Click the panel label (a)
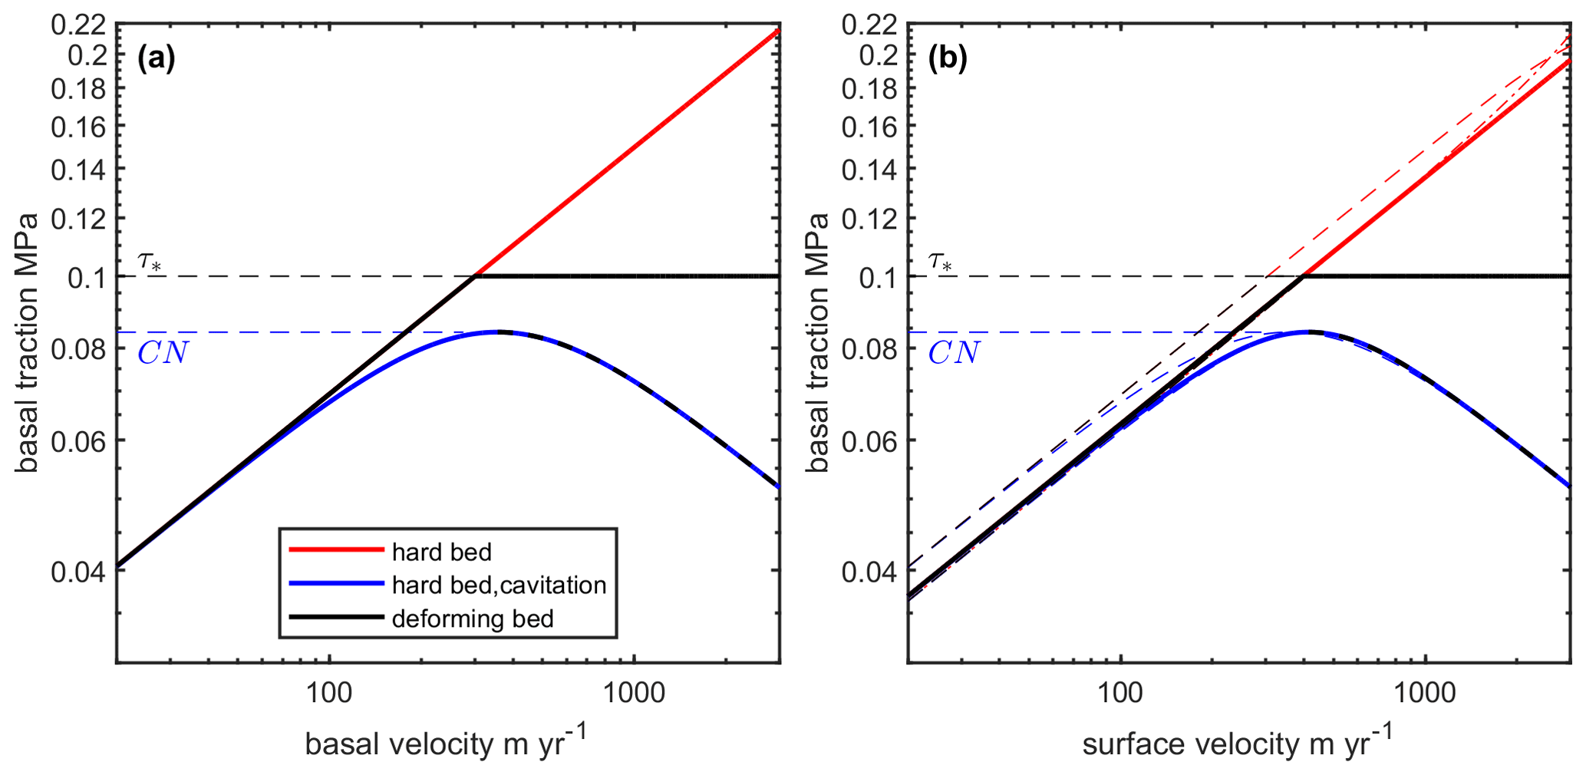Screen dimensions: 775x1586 pos(157,58)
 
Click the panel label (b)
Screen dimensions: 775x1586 pos(948,58)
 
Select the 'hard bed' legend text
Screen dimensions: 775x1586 pos(441,552)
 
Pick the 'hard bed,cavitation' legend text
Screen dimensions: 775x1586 pos(499,585)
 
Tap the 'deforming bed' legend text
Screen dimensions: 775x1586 pos(473,618)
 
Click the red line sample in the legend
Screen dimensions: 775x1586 pos(336,550)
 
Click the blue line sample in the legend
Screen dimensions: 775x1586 pos(336,584)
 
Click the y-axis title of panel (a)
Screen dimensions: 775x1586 pos(28,342)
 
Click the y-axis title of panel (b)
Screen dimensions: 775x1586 pos(819,342)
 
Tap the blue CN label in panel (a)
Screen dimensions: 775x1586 pos(163,353)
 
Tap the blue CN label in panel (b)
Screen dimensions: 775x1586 pos(954,353)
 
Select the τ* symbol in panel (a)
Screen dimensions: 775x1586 pos(150,261)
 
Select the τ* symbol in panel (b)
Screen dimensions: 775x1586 pos(941,261)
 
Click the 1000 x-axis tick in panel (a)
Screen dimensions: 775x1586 pos(634,693)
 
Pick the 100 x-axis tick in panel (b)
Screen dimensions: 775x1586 pos(1120,693)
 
